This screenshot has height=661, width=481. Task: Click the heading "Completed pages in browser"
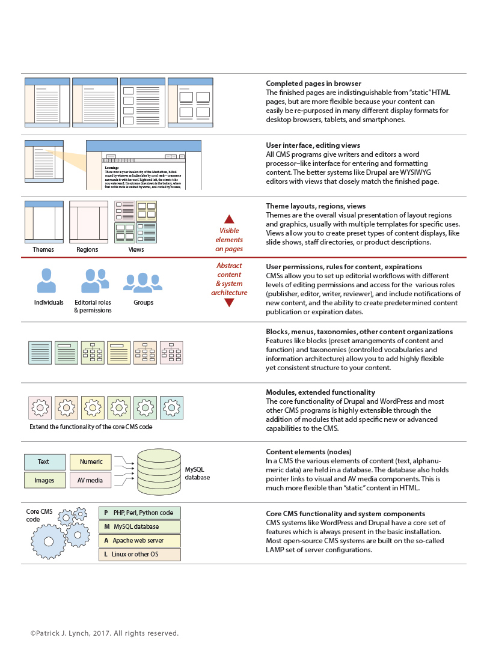[313, 84]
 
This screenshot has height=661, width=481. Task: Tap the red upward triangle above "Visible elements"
[229, 219]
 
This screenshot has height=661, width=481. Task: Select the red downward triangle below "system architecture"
[229, 303]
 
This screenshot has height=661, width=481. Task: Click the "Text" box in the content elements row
[44, 461]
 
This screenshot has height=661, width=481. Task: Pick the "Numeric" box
[91, 461]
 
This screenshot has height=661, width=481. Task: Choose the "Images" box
[44, 480]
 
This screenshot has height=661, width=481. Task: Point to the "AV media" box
[91, 480]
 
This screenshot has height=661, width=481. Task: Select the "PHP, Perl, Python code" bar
[139, 513]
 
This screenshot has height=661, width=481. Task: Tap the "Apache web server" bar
[139, 540]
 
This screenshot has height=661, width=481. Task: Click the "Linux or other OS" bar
[139, 554]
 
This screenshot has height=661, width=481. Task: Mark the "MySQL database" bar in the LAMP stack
[139, 526]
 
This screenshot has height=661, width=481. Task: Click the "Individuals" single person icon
[46, 281]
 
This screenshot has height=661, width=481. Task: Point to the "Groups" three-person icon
[142, 282]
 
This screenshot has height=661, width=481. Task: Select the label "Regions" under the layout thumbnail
[87, 249]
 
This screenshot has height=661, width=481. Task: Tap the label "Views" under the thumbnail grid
[136, 249]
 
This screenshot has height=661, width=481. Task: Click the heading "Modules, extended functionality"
[320, 392]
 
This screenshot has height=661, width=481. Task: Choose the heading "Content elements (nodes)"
[308, 451]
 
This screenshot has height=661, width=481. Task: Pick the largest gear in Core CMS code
[49, 542]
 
